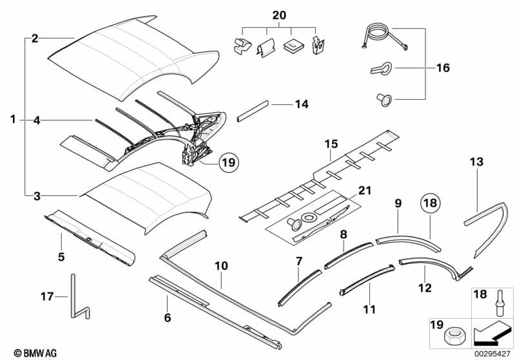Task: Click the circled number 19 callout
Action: [229, 162]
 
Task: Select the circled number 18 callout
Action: [431, 203]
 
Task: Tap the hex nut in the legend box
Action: [454, 336]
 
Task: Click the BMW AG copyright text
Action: [35, 353]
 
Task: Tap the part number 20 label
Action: [279, 15]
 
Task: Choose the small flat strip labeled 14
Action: [253, 111]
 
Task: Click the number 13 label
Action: [476, 162]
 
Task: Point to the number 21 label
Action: [365, 191]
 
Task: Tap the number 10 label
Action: [221, 266]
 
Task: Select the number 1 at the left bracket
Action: [13, 119]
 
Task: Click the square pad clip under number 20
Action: [291, 45]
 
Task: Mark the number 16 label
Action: [443, 68]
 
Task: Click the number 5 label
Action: [61, 256]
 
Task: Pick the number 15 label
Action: [331, 144]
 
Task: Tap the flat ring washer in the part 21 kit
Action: [309, 217]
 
